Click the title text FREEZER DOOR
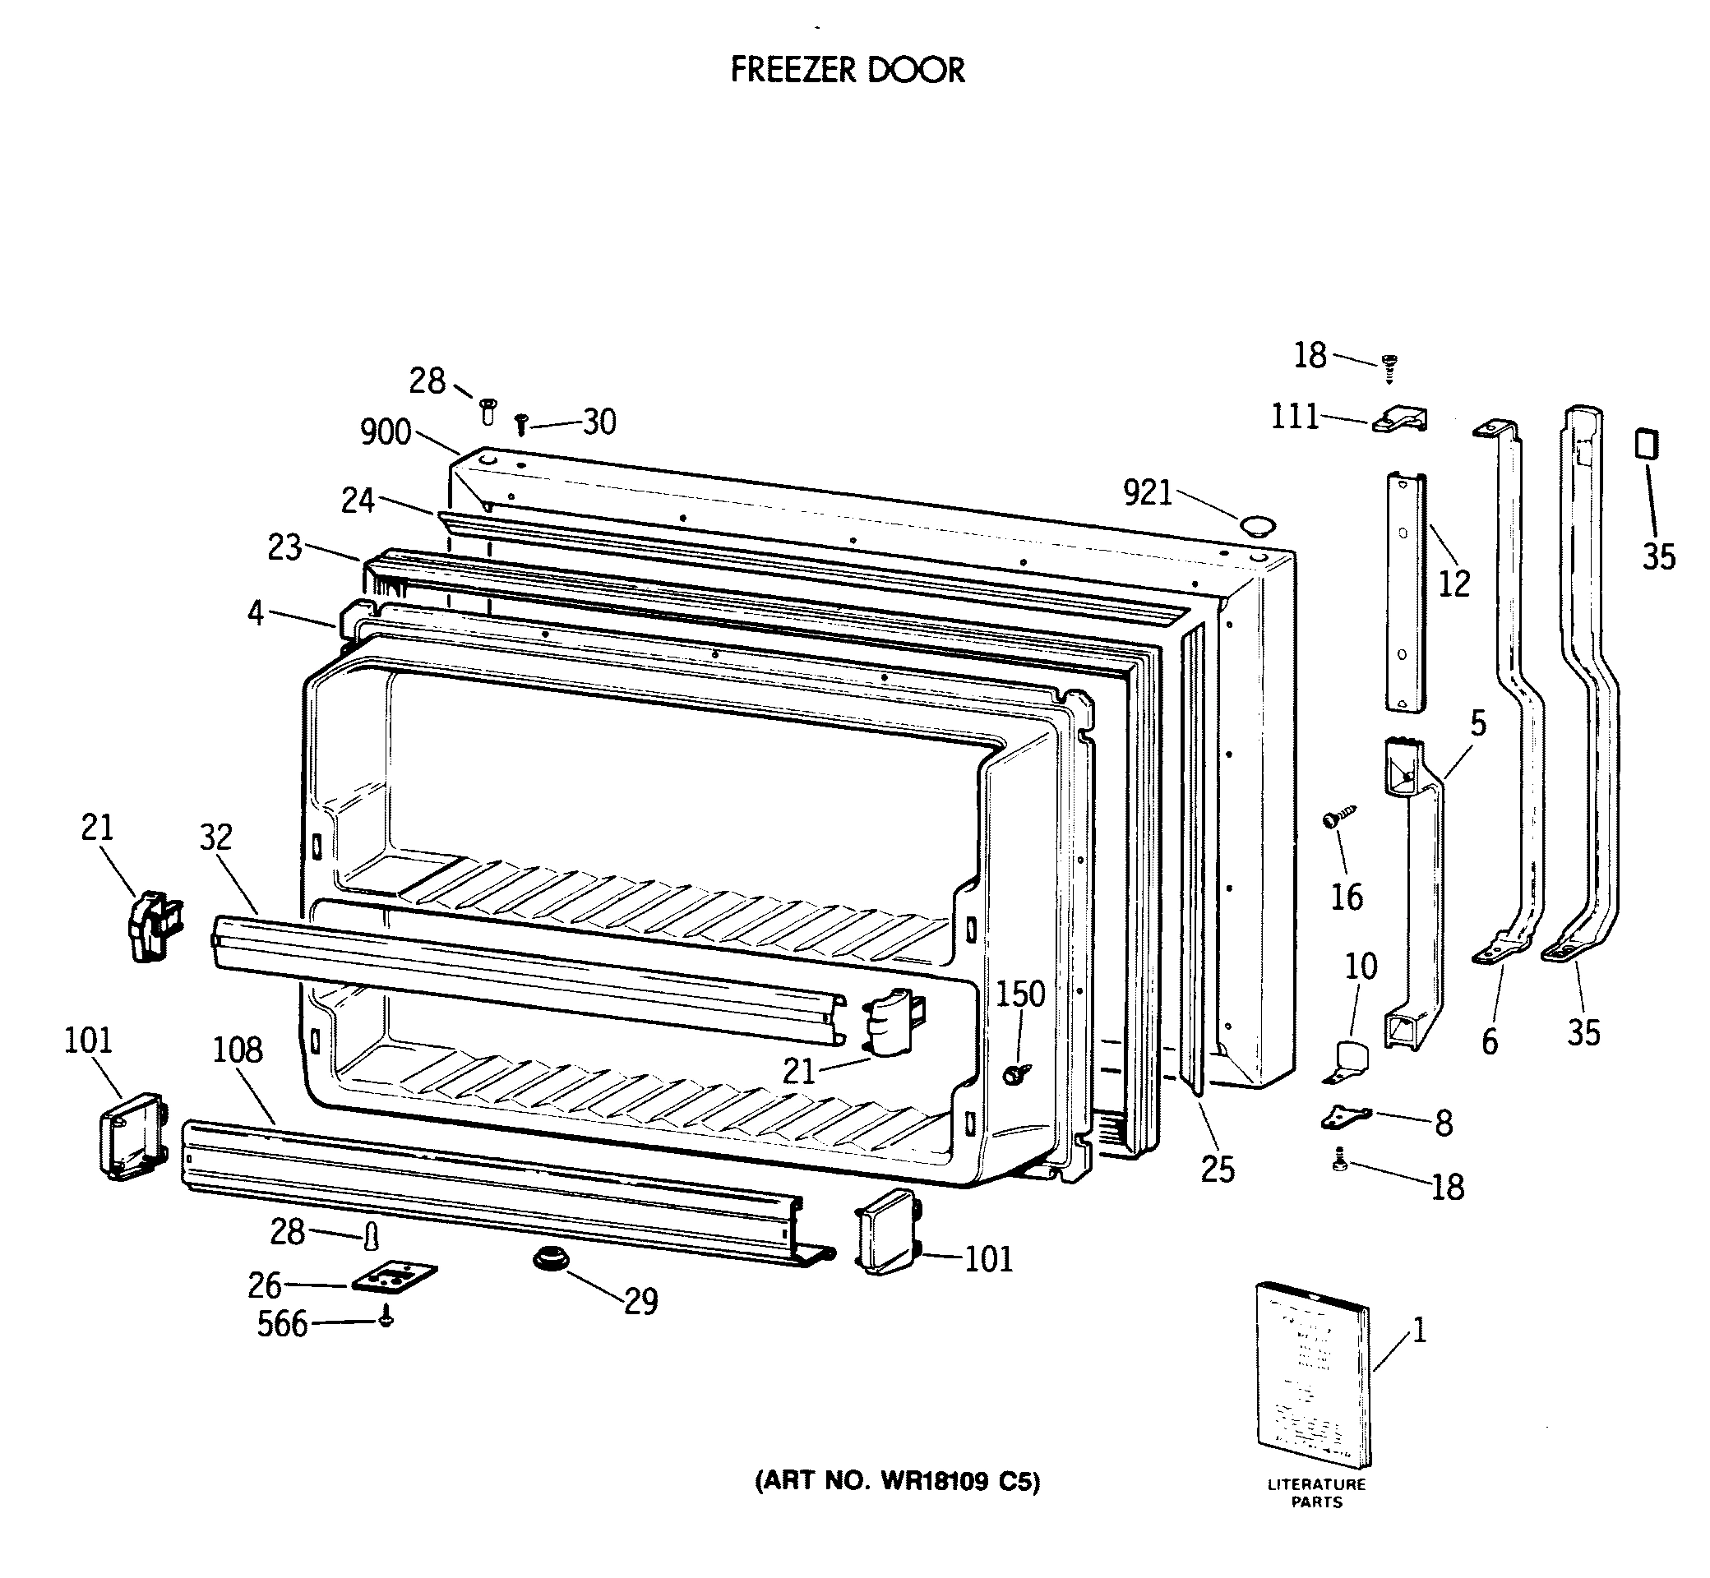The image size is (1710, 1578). [848, 70]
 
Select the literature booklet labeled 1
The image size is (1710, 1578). [1314, 1376]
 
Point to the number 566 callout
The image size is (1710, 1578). [282, 1324]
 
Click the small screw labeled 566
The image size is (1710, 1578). [386, 1319]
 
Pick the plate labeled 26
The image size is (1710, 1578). [395, 1278]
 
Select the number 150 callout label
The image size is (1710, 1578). [1021, 994]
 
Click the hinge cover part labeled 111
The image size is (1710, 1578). [1400, 419]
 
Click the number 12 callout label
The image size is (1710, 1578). [1453, 584]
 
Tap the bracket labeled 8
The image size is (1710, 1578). [1346, 1116]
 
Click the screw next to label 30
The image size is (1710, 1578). [520, 423]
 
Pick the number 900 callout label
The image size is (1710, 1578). [386, 433]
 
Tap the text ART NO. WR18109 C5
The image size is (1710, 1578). [897, 1482]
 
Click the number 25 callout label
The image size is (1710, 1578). [1218, 1169]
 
